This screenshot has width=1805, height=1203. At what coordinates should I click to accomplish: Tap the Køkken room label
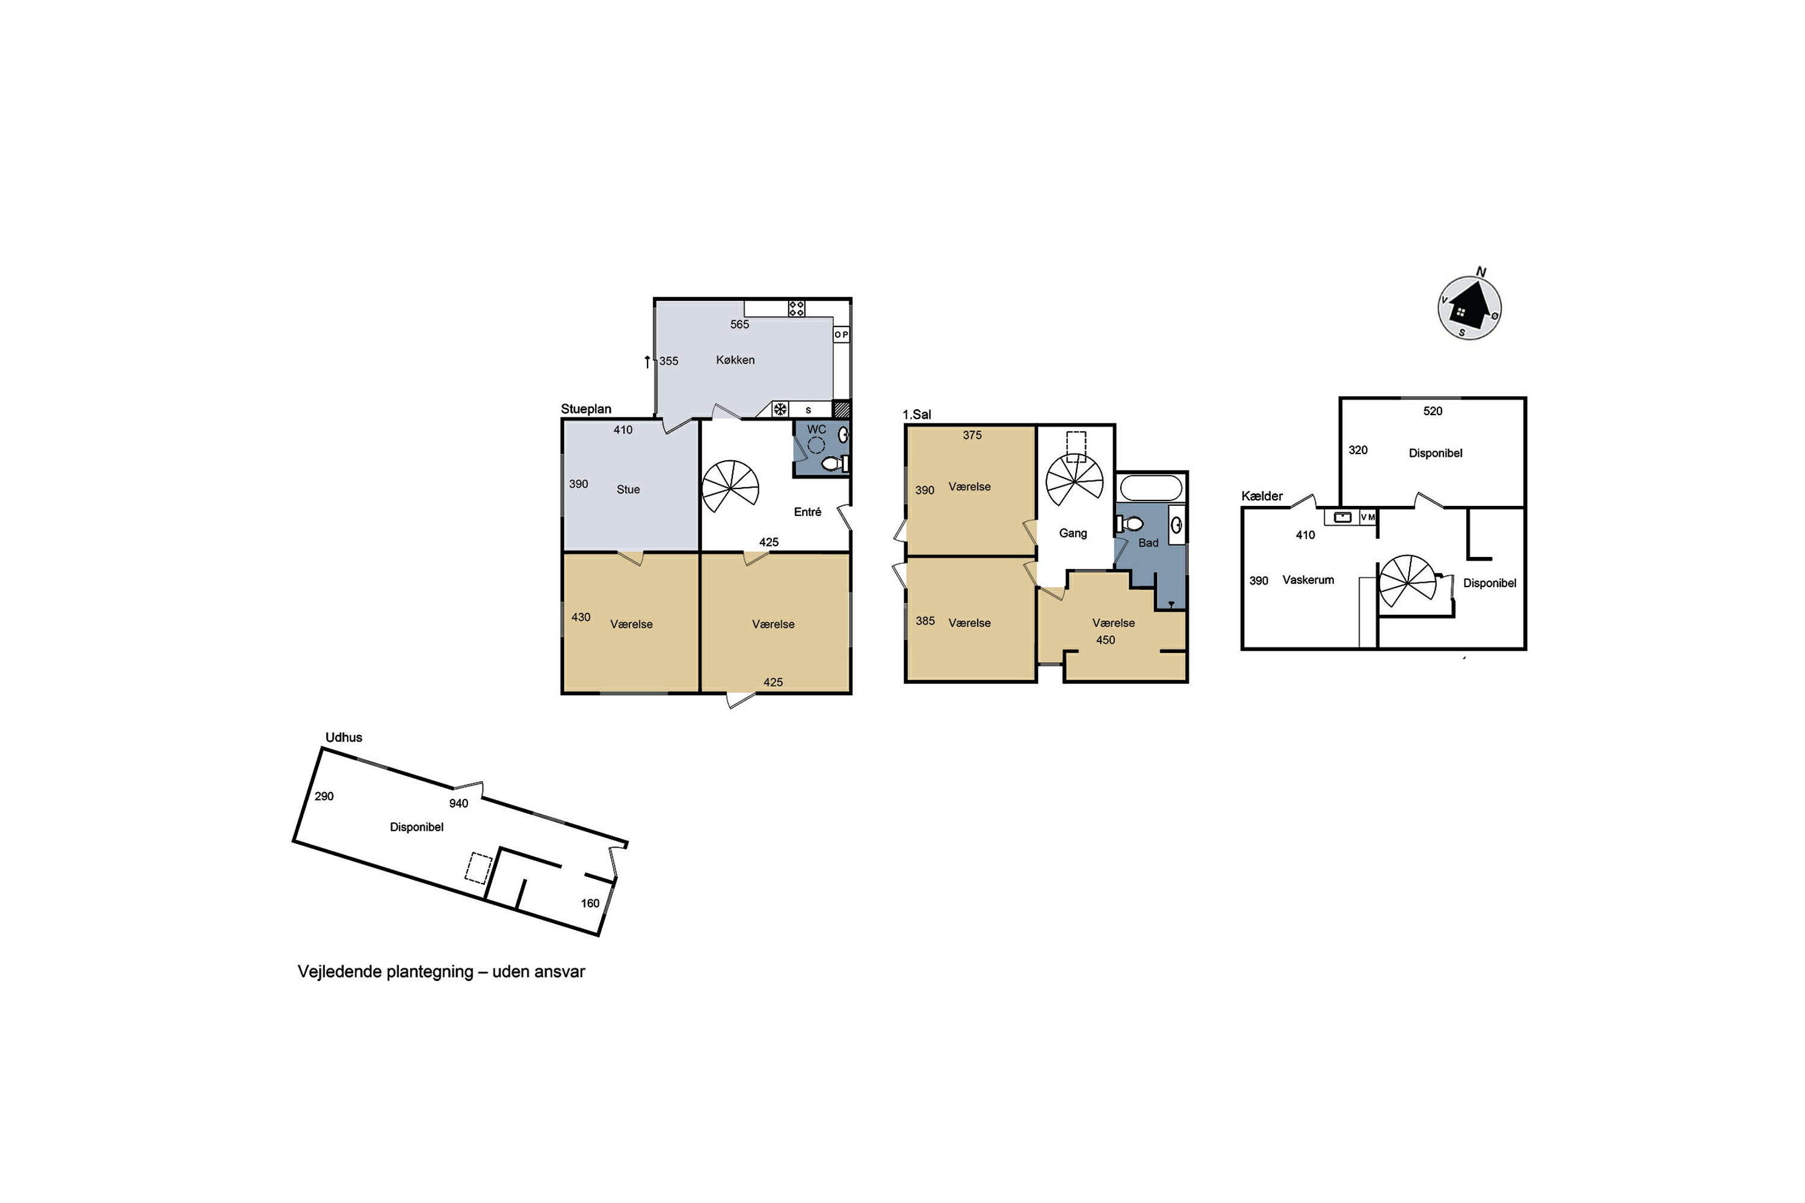pos(735,360)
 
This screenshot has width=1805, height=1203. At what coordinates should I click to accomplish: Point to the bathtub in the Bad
pos(1151,488)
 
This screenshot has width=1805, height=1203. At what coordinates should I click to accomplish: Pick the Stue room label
pos(628,490)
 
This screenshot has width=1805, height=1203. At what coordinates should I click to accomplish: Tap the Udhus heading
pos(344,737)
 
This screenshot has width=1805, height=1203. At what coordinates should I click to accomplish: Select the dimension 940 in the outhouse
pos(458,803)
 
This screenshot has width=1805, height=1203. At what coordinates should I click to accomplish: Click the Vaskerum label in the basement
pos(1307,580)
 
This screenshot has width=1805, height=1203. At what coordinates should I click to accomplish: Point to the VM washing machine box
pos(1368,517)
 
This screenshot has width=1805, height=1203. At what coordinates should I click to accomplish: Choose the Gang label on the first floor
pos(1073,533)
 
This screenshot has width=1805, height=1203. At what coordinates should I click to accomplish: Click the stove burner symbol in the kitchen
pos(797,309)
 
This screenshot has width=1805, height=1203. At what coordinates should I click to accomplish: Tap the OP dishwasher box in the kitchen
pos(841,334)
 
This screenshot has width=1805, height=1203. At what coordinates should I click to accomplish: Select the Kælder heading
pos(1262,496)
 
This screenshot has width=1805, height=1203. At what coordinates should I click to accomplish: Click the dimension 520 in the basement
pos(1432,411)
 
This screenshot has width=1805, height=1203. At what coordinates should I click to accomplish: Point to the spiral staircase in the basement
pos(1407,582)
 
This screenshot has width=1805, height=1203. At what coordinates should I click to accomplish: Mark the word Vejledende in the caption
pos(339,972)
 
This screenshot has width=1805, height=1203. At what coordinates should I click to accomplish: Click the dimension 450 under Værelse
pos(1105,640)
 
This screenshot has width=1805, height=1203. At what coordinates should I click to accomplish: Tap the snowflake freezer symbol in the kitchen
pos(780,409)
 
